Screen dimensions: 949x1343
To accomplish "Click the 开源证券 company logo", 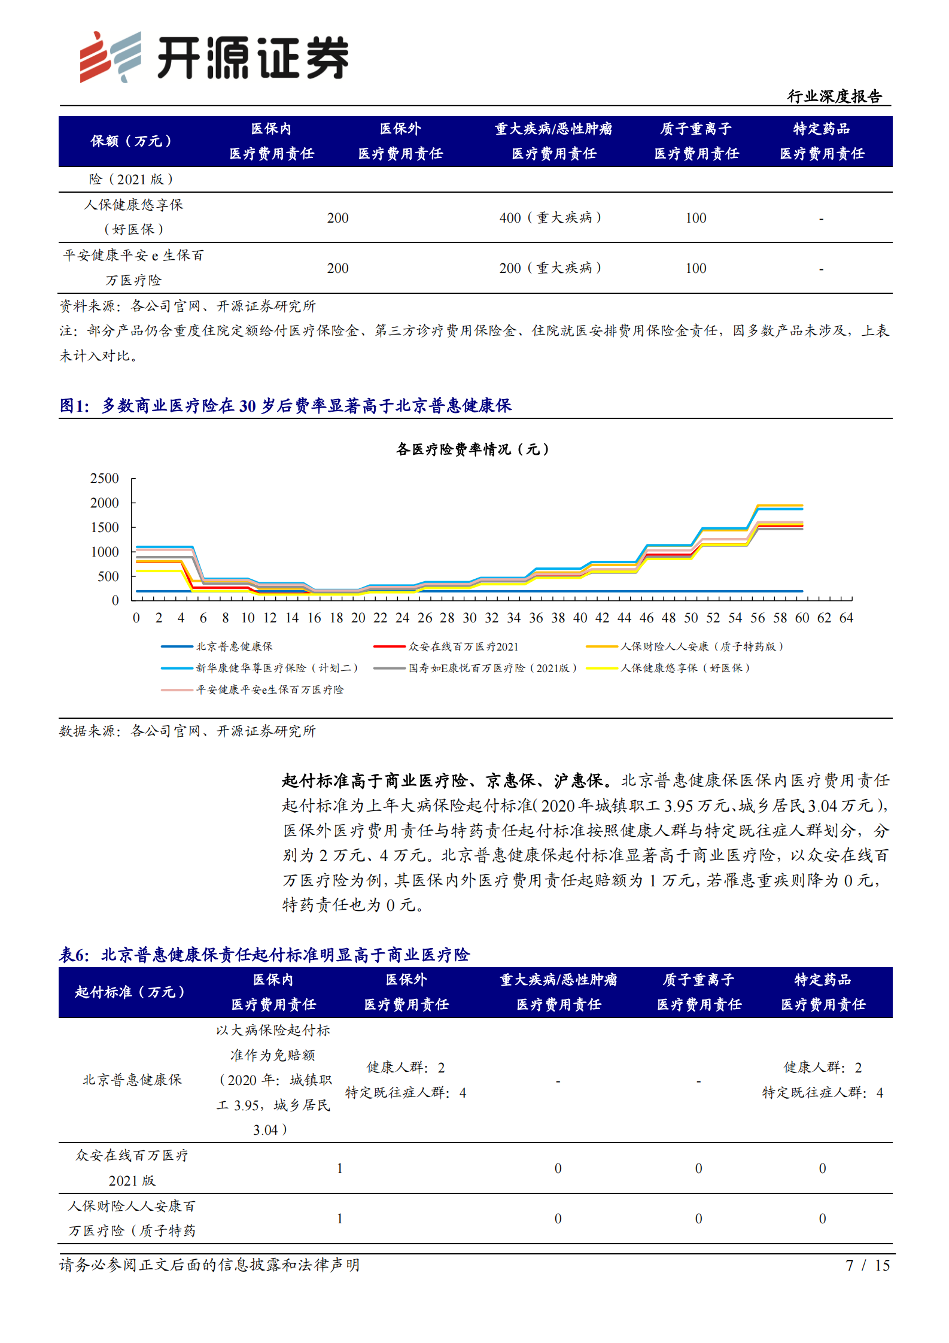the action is pyautogui.click(x=214, y=57).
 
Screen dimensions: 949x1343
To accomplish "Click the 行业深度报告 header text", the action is pyautogui.click(x=834, y=96).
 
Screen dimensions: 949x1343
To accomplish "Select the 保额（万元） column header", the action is pyautogui.click(x=131, y=141).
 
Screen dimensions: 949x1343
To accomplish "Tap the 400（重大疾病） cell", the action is pyautogui.click(x=550, y=218).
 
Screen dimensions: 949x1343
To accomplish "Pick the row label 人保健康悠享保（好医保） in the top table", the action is pyautogui.click(x=133, y=217).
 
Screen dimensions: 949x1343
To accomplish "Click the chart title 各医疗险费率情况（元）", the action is pyautogui.click(x=473, y=449).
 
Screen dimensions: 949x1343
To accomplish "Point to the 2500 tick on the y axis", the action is pyautogui.click(x=105, y=478).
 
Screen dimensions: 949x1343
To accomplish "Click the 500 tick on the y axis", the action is pyautogui.click(x=108, y=576).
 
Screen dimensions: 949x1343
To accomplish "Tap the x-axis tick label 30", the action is pyautogui.click(x=470, y=618).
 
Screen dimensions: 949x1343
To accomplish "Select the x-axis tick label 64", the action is pyautogui.click(x=846, y=618).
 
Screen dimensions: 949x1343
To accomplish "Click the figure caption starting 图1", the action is pyautogui.click(x=286, y=406).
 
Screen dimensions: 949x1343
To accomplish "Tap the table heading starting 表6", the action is pyautogui.click(x=264, y=955).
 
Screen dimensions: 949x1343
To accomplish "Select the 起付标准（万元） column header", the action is pyautogui.click(x=130, y=992).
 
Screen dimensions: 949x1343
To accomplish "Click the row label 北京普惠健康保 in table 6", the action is pyautogui.click(x=132, y=1080).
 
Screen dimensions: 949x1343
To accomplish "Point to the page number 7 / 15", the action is pyautogui.click(x=867, y=1265).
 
